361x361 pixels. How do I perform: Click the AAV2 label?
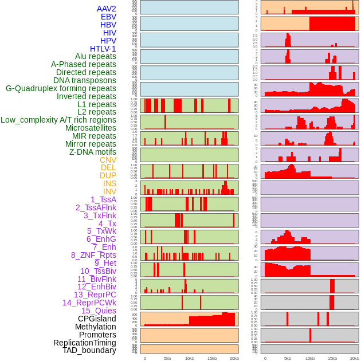tap(106, 9)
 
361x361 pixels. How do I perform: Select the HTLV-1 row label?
tap(103, 49)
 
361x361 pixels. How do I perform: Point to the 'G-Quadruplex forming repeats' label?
tap(61, 88)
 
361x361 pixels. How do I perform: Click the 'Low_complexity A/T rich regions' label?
tap(58, 120)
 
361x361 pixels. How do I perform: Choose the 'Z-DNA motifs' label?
tap(92, 152)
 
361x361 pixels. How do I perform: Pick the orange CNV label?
tap(108, 160)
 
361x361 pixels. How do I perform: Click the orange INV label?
tap(109, 191)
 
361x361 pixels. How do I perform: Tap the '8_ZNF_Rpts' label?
tap(93, 255)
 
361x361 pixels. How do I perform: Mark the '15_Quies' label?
tap(98, 311)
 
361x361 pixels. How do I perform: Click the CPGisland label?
tap(97, 319)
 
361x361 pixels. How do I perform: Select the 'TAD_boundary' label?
tap(89, 350)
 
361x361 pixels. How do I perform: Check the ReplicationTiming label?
tap(84, 343)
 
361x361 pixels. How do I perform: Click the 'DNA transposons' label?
tap(85, 80)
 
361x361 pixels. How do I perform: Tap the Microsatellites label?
tap(91, 128)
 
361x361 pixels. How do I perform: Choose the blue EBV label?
tap(108, 17)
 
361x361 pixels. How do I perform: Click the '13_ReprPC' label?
tap(95, 295)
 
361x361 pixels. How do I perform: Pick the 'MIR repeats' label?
tap(94, 136)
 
